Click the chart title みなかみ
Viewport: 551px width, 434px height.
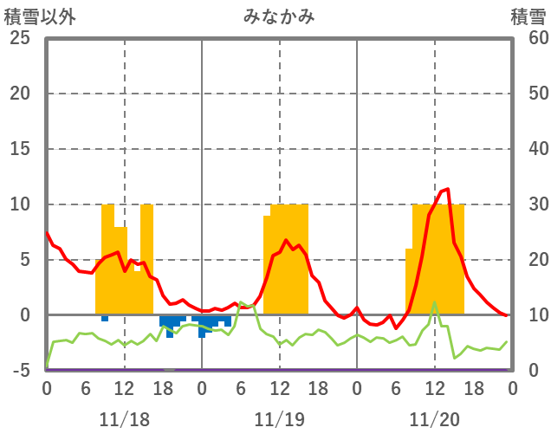280,16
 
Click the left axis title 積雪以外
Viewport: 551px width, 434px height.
34,16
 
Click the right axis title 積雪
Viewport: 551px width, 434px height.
528,16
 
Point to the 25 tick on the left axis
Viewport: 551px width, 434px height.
21,38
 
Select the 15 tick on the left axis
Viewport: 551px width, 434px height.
21,149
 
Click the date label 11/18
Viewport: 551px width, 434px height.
124,420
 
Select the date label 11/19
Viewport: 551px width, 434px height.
279,420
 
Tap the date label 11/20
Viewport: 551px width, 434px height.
435,420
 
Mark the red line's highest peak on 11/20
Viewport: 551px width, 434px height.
447,188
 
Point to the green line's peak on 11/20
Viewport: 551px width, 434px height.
435,302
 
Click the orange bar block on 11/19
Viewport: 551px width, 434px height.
286,260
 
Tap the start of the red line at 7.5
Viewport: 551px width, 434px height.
47,232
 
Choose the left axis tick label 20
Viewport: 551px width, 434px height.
21,94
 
